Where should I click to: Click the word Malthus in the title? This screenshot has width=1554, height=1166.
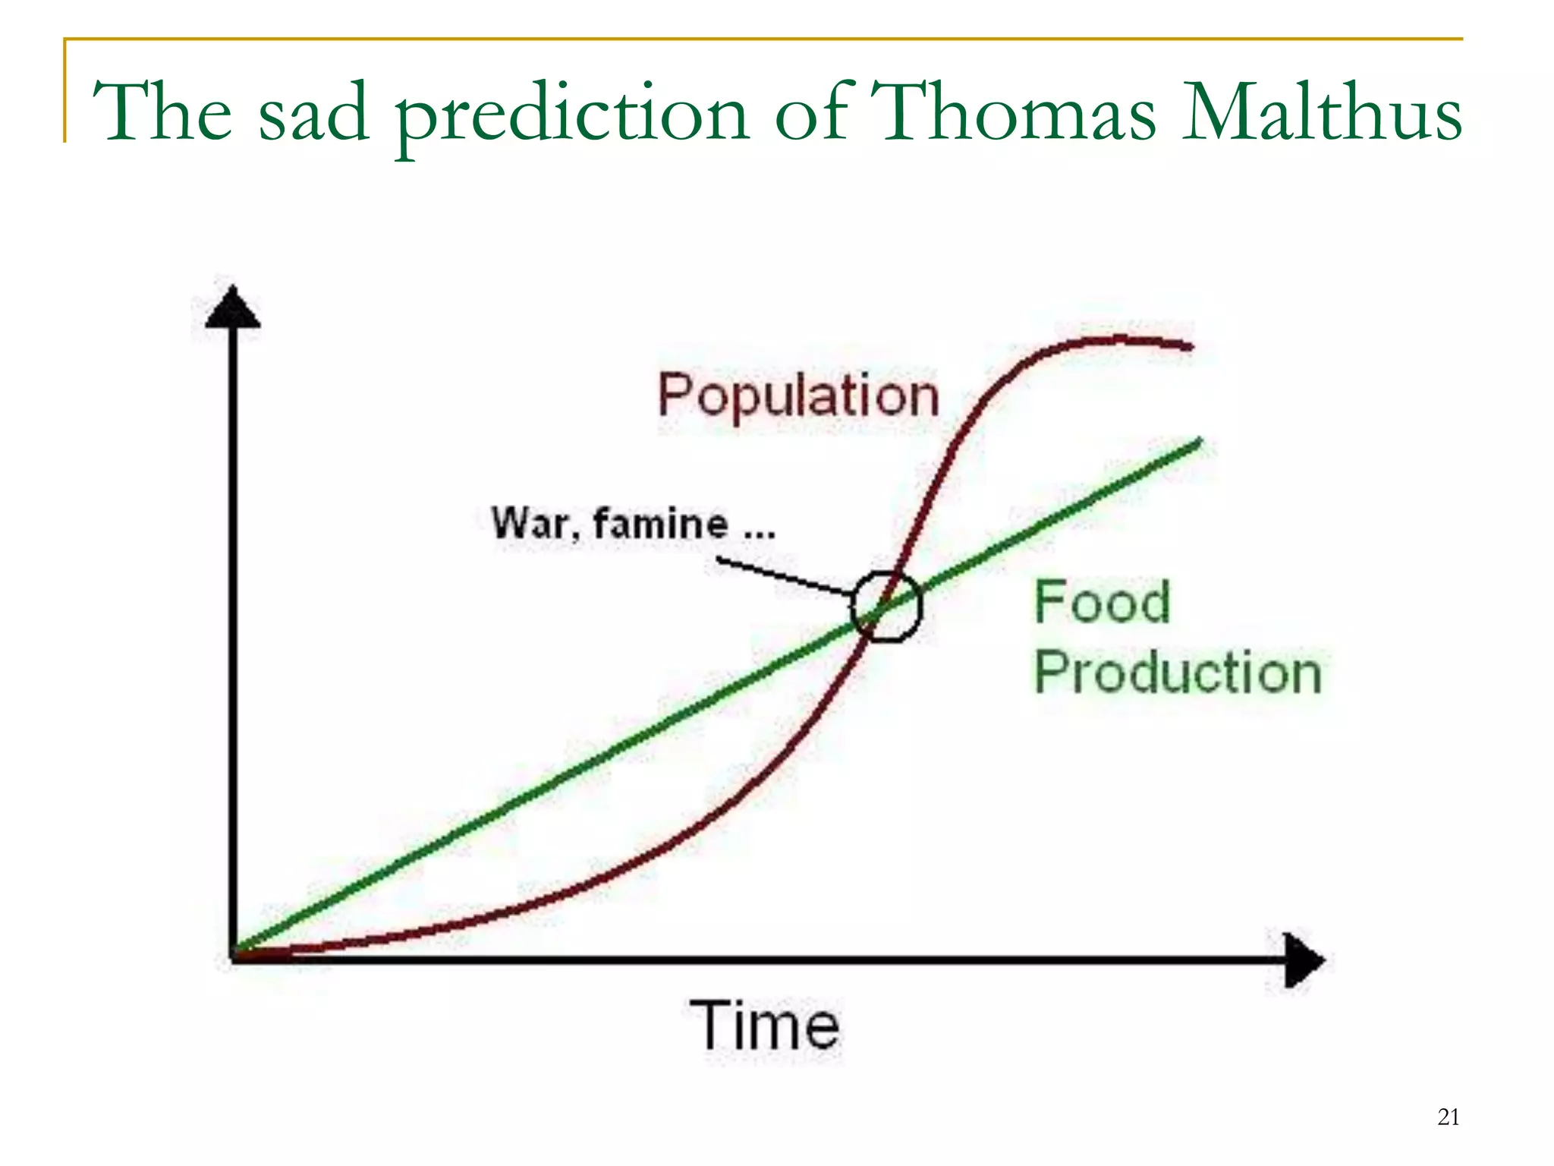point(1322,112)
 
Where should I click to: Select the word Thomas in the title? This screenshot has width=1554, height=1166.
point(1012,112)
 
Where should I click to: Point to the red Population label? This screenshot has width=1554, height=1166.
point(798,396)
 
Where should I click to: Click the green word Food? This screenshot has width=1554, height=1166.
point(1102,602)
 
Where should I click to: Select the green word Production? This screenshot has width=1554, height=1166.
point(1178,673)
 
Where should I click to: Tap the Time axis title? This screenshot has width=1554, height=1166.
point(765,1026)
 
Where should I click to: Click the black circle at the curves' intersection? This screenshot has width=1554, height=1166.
point(886,606)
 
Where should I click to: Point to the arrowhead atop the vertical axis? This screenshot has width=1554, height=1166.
point(233,308)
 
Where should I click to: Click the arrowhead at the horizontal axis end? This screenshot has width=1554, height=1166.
point(1304,960)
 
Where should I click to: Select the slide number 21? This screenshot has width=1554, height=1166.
point(1448,1117)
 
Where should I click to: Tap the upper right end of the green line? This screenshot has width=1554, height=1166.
point(1200,442)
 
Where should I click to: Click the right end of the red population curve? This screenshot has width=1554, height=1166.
point(1189,346)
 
